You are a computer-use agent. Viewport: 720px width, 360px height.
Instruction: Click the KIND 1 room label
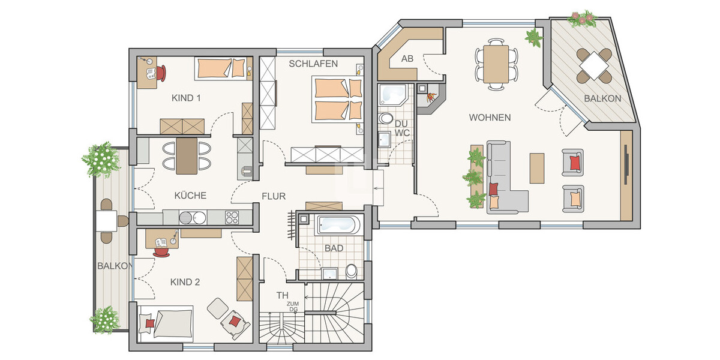[x=186, y=98]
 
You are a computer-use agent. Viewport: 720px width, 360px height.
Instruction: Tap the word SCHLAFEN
[x=313, y=64]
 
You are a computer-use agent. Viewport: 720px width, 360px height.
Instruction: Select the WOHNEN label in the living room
[x=490, y=118]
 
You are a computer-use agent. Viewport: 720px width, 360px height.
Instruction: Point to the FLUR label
[x=274, y=196]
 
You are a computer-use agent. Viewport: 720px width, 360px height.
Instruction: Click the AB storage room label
[x=407, y=59]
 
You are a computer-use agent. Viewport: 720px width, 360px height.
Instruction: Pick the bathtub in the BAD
[x=339, y=224]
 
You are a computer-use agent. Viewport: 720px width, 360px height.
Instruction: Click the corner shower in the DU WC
[x=392, y=95]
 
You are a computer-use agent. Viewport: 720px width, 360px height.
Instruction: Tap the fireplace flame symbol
[x=431, y=97]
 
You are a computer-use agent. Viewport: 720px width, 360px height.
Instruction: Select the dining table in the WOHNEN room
[x=496, y=64]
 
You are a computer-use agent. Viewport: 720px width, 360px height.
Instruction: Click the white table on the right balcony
[x=594, y=66]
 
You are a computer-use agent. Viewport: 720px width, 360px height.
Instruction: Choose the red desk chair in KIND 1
[x=161, y=73]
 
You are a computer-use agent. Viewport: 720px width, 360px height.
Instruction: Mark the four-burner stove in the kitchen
[x=232, y=217]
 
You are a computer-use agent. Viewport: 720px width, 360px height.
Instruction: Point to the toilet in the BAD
[x=352, y=272]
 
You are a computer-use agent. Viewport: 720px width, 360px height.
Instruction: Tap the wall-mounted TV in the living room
[x=626, y=164]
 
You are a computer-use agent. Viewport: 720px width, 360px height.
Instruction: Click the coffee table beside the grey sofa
[x=537, y=168]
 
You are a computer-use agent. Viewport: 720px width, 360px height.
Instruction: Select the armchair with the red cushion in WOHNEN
[x=573, y=163]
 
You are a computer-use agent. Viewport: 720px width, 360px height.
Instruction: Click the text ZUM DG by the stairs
[x=293, y=307]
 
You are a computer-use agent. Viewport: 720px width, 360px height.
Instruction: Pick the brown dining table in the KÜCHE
[x=187, y=156]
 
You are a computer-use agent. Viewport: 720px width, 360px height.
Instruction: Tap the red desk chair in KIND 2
[x=161, y=251]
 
